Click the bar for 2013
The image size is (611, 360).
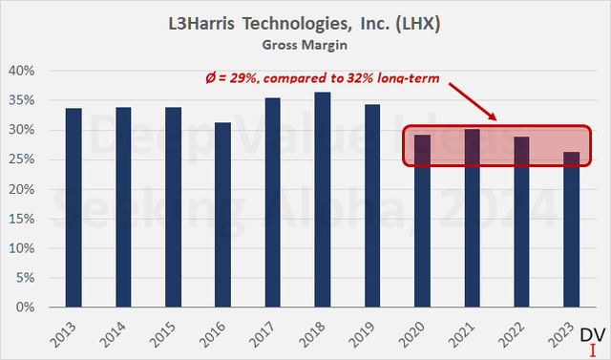point(74,208)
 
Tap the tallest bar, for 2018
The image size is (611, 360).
point(322,201)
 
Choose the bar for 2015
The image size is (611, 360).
point(173,208)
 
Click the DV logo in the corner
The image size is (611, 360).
point(592,336)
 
